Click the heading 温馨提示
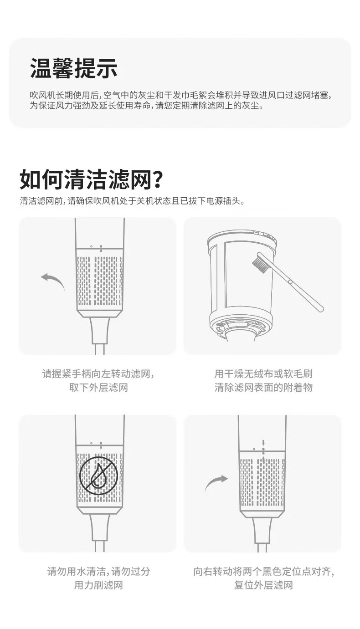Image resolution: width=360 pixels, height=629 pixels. point(74,68)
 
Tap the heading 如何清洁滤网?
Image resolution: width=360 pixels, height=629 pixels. point(91,179)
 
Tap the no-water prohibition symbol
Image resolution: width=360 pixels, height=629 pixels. point(98,476)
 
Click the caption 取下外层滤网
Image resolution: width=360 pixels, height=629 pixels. point(98,388)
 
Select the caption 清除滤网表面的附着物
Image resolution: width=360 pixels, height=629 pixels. point(263,388)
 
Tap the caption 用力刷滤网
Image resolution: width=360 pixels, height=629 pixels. point(98,585)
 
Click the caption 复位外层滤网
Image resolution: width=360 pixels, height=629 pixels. point(263,585)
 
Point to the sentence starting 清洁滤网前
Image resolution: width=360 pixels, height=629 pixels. point(132,201)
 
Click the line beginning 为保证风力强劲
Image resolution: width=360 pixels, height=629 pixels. point(147,106)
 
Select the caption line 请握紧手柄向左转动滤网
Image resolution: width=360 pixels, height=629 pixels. point(98,374)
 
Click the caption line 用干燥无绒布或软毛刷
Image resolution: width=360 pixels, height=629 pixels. point(263,374)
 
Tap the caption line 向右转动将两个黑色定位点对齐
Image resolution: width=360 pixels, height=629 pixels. point(263,572)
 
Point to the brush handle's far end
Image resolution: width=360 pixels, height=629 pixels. point(321,308)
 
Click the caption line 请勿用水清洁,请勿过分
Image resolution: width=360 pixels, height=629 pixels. point(98,572)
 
